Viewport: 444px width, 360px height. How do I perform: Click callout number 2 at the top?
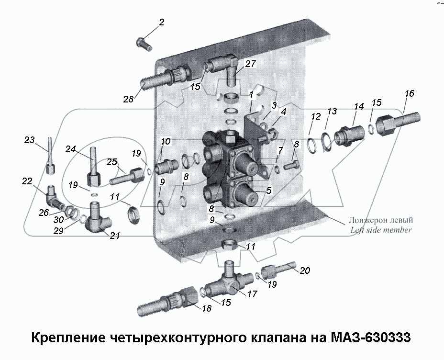tap(161, 22)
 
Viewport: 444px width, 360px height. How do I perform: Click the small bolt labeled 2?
tap(143, 44)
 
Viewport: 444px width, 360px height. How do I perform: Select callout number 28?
tap(128, 99)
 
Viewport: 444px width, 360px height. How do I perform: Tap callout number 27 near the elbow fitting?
tap(251, 64)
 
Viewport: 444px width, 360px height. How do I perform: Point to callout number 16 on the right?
tap(409, 93)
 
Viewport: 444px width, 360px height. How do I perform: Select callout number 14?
tap(359, 106)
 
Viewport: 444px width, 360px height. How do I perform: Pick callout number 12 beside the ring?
tap(315, 116)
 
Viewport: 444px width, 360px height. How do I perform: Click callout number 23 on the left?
tap(30, 140)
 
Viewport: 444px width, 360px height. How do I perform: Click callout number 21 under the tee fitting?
tap(115, 236)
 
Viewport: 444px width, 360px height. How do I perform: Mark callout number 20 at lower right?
tap(305, 270)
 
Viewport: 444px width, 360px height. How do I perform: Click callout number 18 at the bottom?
tap(206, 309)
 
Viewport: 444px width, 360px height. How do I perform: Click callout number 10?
tap(166, 141)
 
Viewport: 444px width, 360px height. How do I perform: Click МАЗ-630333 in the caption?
tap(370, 338)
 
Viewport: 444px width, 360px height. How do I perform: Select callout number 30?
tap(59, 220)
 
